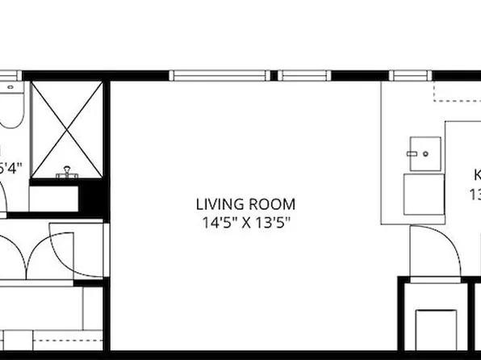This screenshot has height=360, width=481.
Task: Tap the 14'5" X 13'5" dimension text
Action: pyautogui.click(x=246, y=220)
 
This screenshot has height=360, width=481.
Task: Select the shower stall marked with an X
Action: pyautogui.click(x=67, y=129)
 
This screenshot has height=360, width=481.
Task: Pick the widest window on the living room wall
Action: pyautogui.click(x=220, y=76)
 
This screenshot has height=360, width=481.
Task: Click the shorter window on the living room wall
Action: pyautogui.click(x=306, y=76)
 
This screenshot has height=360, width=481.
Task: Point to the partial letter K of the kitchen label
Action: pyautogui.click(x=476, y=175)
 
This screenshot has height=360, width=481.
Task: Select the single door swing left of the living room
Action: pyautogui.click(x=77, y=246)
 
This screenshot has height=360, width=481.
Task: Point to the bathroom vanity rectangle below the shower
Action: pyautogui.click(x=55, y=197)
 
